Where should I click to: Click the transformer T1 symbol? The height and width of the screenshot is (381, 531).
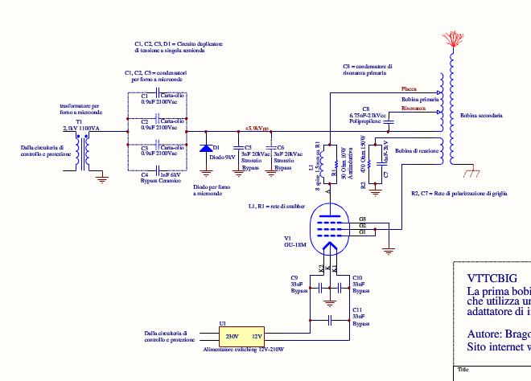80,150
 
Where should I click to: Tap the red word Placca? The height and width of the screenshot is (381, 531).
409,88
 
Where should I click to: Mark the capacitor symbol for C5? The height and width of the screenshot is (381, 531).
237,149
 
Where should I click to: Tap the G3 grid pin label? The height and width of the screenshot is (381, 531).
363,219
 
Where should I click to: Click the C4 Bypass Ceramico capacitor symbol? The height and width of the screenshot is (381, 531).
158,169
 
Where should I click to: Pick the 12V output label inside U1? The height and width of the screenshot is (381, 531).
257,336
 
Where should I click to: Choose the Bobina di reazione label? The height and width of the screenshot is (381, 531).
417,150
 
